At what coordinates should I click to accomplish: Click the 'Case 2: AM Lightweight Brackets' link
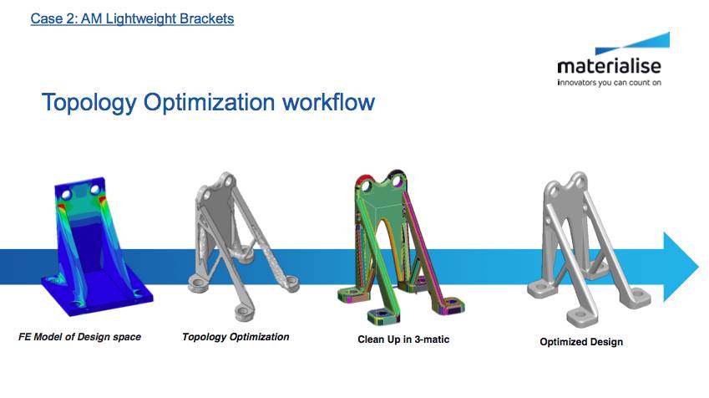pyautogui.click(x=132, y=18)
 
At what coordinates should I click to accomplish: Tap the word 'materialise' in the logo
pyautogui.click(x=609, y=67)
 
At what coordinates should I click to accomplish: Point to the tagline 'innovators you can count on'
pyautogui.click(x=609, y=83)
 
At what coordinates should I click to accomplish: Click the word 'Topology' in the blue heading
pyautogui.click(x=89, y=103)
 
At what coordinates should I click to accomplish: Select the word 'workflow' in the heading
pyautogui.click(x=328, y=101)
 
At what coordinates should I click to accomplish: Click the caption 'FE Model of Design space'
pyautogui.click(x=79, y=337)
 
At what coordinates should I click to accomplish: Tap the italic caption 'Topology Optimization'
pyautogui.click(x=235, y=337)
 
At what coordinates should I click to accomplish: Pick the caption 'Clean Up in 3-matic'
pyautogui.click(x=403, y=339)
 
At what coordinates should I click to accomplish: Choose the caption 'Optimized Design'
pyautogui.click(x=581, y=342)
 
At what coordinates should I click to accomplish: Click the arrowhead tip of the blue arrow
pyautogui.click(x=699, y=267)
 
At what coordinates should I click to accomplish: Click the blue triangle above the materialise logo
pyautogui.click(x=632, y=43)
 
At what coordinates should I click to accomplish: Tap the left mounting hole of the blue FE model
pyautogui.click(x=66, y=195)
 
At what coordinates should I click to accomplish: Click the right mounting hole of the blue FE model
pyautogui.click(x=95, y=188)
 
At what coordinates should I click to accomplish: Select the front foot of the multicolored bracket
pyautogui.click(x=383, y=315)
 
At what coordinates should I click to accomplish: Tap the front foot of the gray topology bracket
pyautogui.click(x=243, y=313)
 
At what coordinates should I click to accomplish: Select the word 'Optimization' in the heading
pyautogui.click(x=209, y=103)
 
